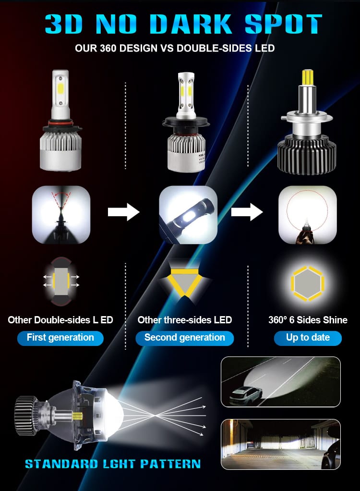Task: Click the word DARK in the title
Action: click(x=191, y=24)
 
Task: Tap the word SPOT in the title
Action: click(x=283, y=24)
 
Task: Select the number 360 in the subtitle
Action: click(x=108, y=48)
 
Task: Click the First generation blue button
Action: click(x=60, y=338)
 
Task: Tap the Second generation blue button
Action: click(x=184, y=338)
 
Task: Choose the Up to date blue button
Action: click(x=308, y=338)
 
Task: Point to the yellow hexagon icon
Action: click(x=308, y=283)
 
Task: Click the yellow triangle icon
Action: click(x=184, y=283)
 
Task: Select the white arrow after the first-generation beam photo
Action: click(x=123, y=212)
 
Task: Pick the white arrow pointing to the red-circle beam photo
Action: click(x=247, y=212)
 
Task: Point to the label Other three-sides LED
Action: click(x=184, y=320)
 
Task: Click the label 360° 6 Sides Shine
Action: click(x=308, y=320)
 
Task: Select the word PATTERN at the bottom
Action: click(x=170, y=464)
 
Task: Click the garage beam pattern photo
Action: click(x=280, y=444)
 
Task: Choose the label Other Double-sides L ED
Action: click(x=60, y=320)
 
